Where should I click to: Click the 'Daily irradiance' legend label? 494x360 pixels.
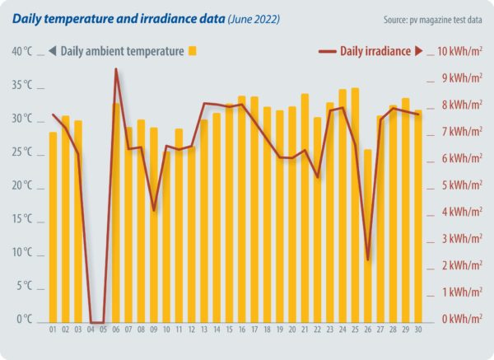(x=375, y=51)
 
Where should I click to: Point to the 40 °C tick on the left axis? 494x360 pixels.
(x=22, y=52)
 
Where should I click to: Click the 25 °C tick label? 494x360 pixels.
(x=22, y=152)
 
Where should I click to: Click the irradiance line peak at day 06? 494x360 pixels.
(x=116, y=69)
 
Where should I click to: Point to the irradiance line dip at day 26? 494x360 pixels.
(x=368, y=259)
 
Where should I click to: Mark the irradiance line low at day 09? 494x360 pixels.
(x=154, y=211)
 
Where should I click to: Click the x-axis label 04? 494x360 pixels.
(x=91, y=330)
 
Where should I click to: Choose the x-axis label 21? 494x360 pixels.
(x=305, y=330)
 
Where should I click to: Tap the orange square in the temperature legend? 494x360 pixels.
(x=193, y=51)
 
